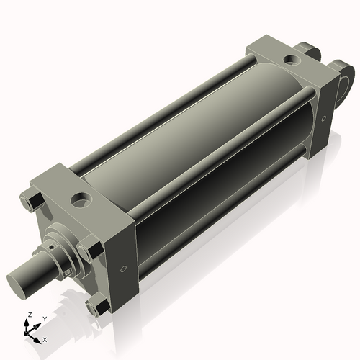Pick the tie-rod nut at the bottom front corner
[x=96, y=308]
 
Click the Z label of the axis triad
[x=27, y=315]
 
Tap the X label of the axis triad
[x=45, y=338]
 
